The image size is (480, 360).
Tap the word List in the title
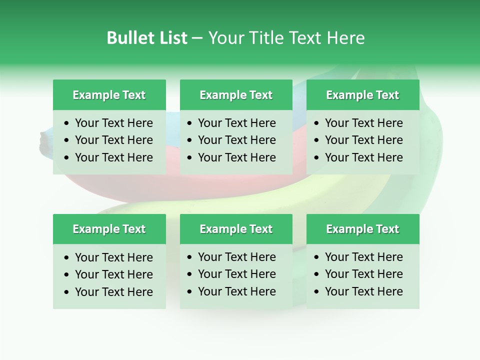tap(172, 38)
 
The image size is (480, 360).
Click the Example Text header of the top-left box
tap(109, 95)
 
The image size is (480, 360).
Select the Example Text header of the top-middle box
tap(236, 95)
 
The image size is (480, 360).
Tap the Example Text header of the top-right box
tap(362, 95)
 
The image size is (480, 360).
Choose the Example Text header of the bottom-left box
tap(109, 229)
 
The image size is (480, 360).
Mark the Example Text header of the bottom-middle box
tap(236, 229)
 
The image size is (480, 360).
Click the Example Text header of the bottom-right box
tap(362, 229)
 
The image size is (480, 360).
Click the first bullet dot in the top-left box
tap(67, 123)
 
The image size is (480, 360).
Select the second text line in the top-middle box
tap(236, 140)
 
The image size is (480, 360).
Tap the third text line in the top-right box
tap(363, 157)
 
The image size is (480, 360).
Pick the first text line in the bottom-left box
tap(113, 257)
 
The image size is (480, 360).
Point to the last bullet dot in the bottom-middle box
tap(190, 291)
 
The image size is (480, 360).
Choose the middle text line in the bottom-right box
tap(363, 274)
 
